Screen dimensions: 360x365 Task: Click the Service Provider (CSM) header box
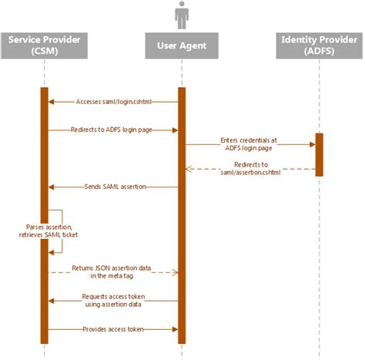[x=44, y=45]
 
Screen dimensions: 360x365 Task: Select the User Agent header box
[x=181, y=45]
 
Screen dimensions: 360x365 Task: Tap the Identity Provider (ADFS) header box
[x=318, y=45]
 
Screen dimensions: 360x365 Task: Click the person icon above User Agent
[x=182, y=15]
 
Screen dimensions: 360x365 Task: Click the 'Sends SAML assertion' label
[x=113, y=187]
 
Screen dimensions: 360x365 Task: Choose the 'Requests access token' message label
[x=113, y=300]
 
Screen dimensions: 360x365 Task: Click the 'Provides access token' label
[x=114, y=329]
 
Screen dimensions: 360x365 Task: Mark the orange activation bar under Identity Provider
[x=319, y=154]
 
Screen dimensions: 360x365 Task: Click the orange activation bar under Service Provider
[x=44, y=216]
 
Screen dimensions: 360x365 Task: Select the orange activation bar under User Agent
[x=182, y=216]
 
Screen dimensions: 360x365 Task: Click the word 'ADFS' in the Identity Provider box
[x=318, y=52]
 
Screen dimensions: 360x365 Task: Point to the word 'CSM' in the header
[x=44, y=52]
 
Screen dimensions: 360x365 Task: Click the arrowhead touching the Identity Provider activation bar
[x=311, y=143]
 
